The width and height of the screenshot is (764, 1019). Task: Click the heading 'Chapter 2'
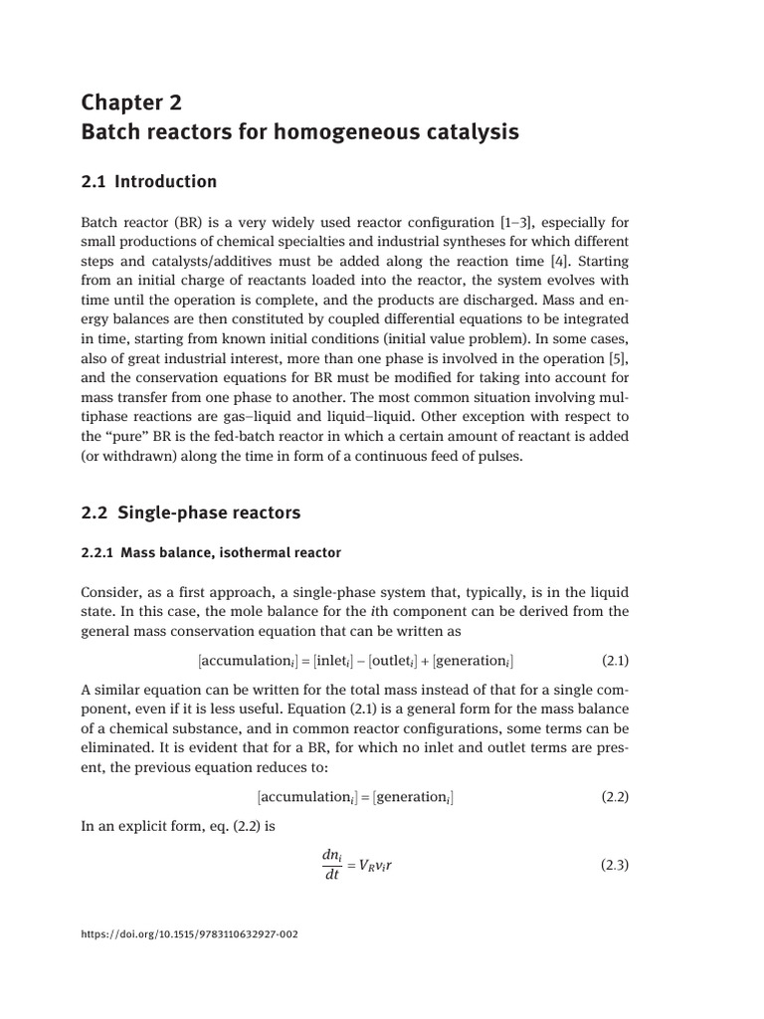pyautogui.click(x=132, y=102)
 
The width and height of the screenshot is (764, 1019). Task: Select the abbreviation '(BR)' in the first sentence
pyautogui.click(x=185, y=222)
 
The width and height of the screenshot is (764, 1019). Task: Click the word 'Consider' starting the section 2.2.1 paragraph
pyautogui.click(x=109, y=592)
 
